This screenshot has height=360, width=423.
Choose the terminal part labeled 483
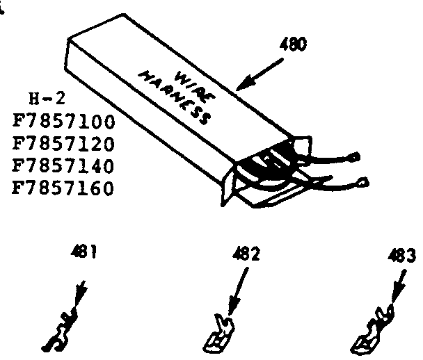click(373, 329)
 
